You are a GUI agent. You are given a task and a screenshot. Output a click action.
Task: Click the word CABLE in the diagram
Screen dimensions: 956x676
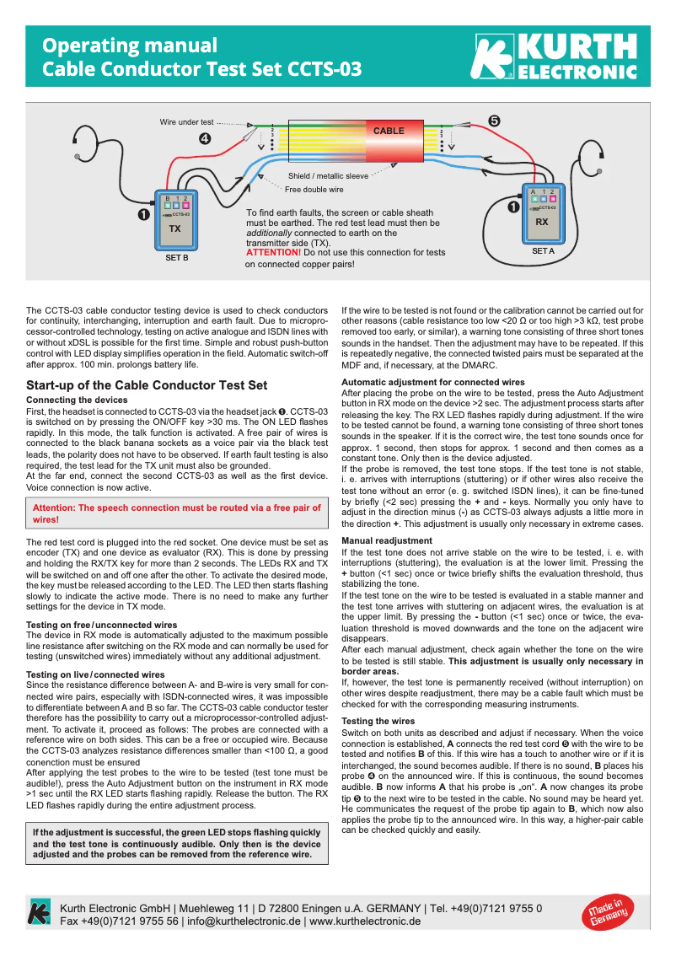389,131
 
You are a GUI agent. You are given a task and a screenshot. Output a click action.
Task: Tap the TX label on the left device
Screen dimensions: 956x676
174,228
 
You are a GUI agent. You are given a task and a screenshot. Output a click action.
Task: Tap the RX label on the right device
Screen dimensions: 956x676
542,222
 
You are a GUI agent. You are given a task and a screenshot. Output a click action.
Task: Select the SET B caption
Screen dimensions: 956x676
176,258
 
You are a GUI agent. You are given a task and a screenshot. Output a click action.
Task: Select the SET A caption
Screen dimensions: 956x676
543,251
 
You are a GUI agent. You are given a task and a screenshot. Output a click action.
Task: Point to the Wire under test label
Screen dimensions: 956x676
186,122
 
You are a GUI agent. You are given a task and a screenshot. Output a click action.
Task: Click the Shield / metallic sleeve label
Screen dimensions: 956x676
328,176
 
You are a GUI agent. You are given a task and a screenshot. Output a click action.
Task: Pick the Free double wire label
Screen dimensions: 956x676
314,190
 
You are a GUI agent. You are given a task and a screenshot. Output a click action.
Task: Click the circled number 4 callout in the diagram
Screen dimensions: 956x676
205,138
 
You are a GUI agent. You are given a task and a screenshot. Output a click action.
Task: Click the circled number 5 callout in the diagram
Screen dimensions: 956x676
494,121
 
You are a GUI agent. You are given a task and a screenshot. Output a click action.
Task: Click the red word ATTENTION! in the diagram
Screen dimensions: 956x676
273,252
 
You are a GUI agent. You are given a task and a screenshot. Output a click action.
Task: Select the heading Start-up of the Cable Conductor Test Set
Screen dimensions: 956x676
147,385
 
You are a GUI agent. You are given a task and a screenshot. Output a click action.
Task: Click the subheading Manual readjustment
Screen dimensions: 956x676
386,540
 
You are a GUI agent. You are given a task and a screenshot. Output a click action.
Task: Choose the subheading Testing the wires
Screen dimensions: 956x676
378,721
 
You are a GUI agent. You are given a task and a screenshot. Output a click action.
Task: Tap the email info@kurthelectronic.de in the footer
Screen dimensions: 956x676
244,921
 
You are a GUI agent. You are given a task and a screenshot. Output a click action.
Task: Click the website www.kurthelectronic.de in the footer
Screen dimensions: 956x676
365,921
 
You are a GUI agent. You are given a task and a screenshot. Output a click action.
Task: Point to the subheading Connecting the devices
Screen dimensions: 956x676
78,399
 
